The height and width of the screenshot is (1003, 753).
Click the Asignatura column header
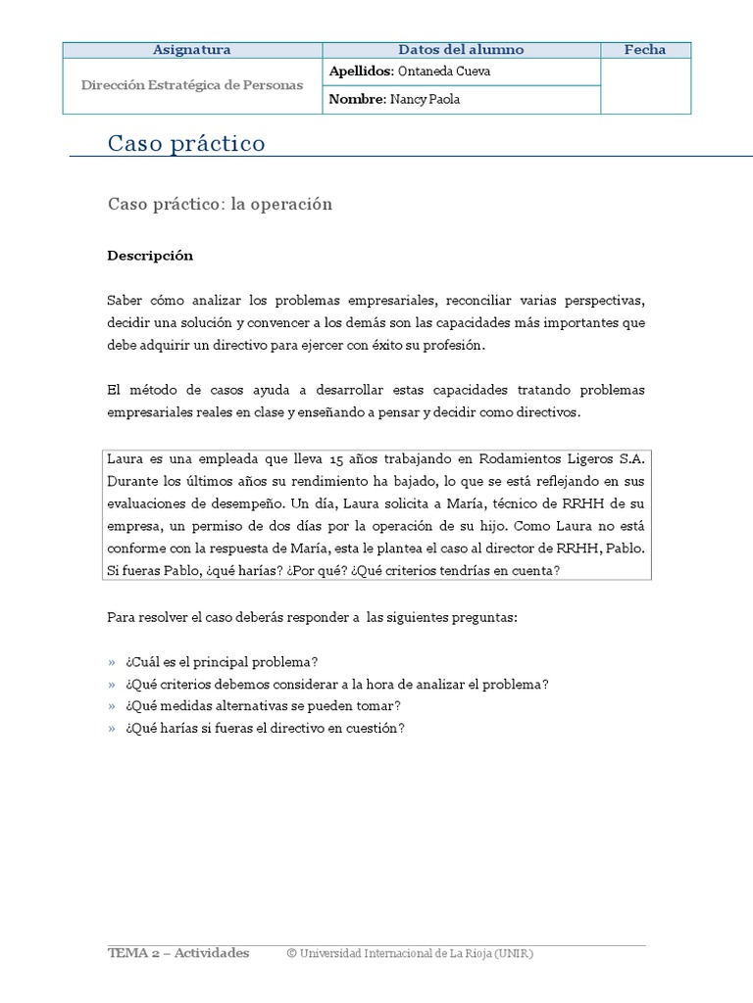pos(192,50)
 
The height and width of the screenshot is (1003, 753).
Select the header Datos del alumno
pos(461,50)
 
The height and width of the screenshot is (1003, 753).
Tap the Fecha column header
pos(644,50)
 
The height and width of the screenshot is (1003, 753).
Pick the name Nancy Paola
pos(425,99)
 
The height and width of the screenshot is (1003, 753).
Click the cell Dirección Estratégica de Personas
pos(192,85)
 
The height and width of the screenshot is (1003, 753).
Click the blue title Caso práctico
pos(186,144)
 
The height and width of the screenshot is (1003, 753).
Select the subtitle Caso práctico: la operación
pos(220,205)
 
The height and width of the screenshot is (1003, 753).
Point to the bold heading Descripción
pos(150,256)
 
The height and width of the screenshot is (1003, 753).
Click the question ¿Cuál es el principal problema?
pos(222,662)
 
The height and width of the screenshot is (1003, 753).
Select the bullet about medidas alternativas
pos(263,705)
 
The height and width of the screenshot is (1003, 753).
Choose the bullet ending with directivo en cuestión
pos(265,728)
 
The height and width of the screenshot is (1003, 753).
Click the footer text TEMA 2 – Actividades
pos(178,953)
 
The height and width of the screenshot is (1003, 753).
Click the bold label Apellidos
pos(360,72)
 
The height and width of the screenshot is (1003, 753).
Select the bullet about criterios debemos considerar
pos(336,684)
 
